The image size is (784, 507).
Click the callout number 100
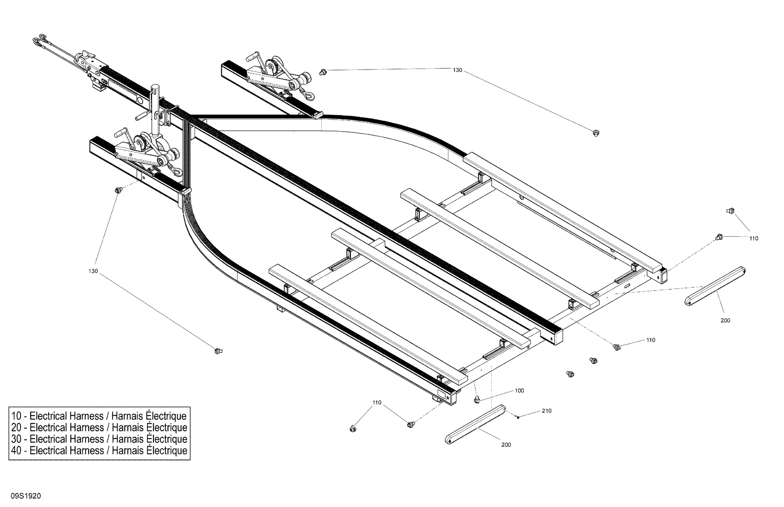pyautogui.click(x=519, y=390)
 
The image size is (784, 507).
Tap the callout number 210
pyautogui.click(x=546, y=411)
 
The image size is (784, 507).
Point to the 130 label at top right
pyautogui.click(x=457, y=70)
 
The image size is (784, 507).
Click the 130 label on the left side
pyautogui.click(x=93, y=271)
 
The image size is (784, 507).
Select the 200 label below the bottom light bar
pyautogui.click(x=506, y=445)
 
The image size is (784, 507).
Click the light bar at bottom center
pyautogui.click(x=475, y=425)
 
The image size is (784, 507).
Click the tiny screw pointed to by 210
pyautogui.click(x=518, y=418)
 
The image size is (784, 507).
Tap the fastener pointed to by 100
pyautogui.click(x=476, y=400)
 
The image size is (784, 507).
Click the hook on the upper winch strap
pyautogui.click(x=309, y=95)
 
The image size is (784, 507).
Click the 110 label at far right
pyautogui.click(x=754, y=238)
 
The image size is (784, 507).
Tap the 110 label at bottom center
pyautogui.click(x=377, y=403)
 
